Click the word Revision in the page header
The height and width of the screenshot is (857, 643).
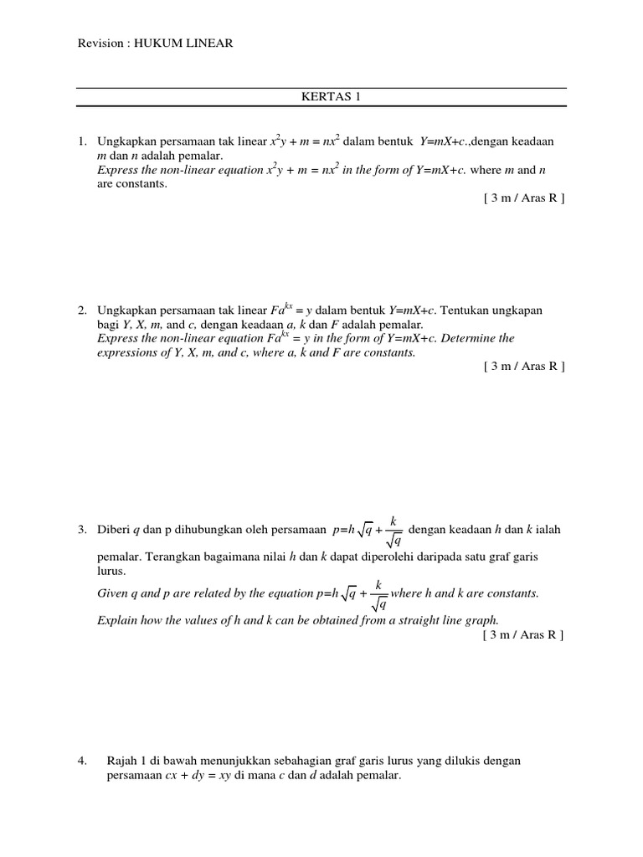click(x=100, y=44)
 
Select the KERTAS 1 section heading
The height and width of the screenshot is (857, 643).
click(x=321, y=96)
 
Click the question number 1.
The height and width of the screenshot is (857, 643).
click(x=82, y=141)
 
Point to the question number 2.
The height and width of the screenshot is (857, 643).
click(x=82, y=310)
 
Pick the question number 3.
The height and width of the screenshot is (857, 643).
click(x=82, y=530)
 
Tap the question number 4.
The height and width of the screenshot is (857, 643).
click(x=82, y=761)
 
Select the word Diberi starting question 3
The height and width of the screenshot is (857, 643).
click(x=114, y=530)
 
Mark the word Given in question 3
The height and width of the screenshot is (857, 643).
click(x=112, y=593)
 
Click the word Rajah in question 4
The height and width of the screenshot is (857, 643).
click(x=122, y=761)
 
